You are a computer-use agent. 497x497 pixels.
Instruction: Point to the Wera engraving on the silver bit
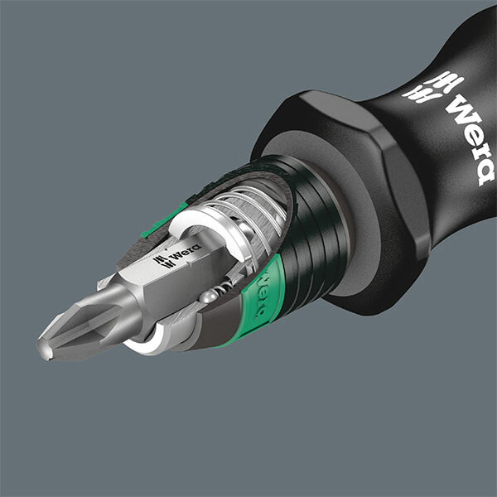pyautogui.click(x=180, y=259)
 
